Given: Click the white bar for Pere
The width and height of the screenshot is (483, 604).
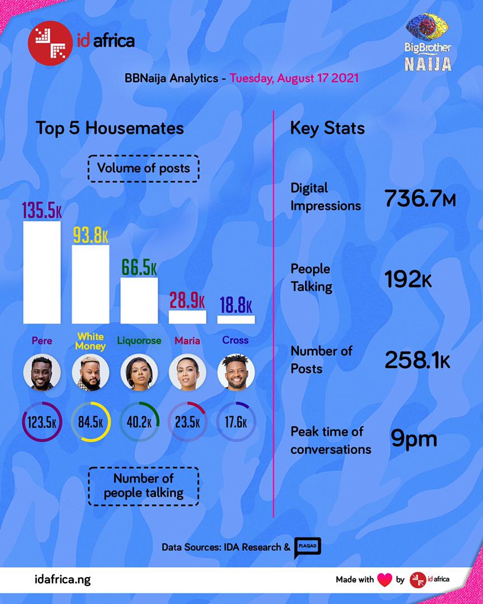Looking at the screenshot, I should [41, 272].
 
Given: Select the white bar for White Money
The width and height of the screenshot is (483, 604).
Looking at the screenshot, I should [90, 284].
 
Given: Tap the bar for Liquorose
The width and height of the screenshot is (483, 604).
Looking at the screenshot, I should [139, 300].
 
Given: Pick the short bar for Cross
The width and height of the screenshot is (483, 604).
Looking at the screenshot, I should [236, 319].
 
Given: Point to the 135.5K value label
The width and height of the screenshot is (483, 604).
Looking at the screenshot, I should [42, 210].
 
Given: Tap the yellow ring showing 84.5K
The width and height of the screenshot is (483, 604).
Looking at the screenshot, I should [91, 422].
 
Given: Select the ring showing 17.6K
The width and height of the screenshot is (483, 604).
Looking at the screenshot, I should [236, 422].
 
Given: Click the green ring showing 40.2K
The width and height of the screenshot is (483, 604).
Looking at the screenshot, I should [139, 422].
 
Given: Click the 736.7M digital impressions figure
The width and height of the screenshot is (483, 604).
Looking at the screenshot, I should [420, 198].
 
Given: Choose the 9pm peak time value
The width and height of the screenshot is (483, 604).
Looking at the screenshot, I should [413, 439].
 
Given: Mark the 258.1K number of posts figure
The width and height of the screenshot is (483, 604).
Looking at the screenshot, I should [417, 361].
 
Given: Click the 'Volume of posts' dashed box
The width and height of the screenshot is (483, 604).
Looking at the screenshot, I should [144, 168].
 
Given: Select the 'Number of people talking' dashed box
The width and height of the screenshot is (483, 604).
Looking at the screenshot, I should [144, 485].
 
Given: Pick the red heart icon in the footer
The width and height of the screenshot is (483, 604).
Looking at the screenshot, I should [385, 579].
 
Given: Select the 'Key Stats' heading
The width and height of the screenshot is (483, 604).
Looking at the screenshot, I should [327, 128].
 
